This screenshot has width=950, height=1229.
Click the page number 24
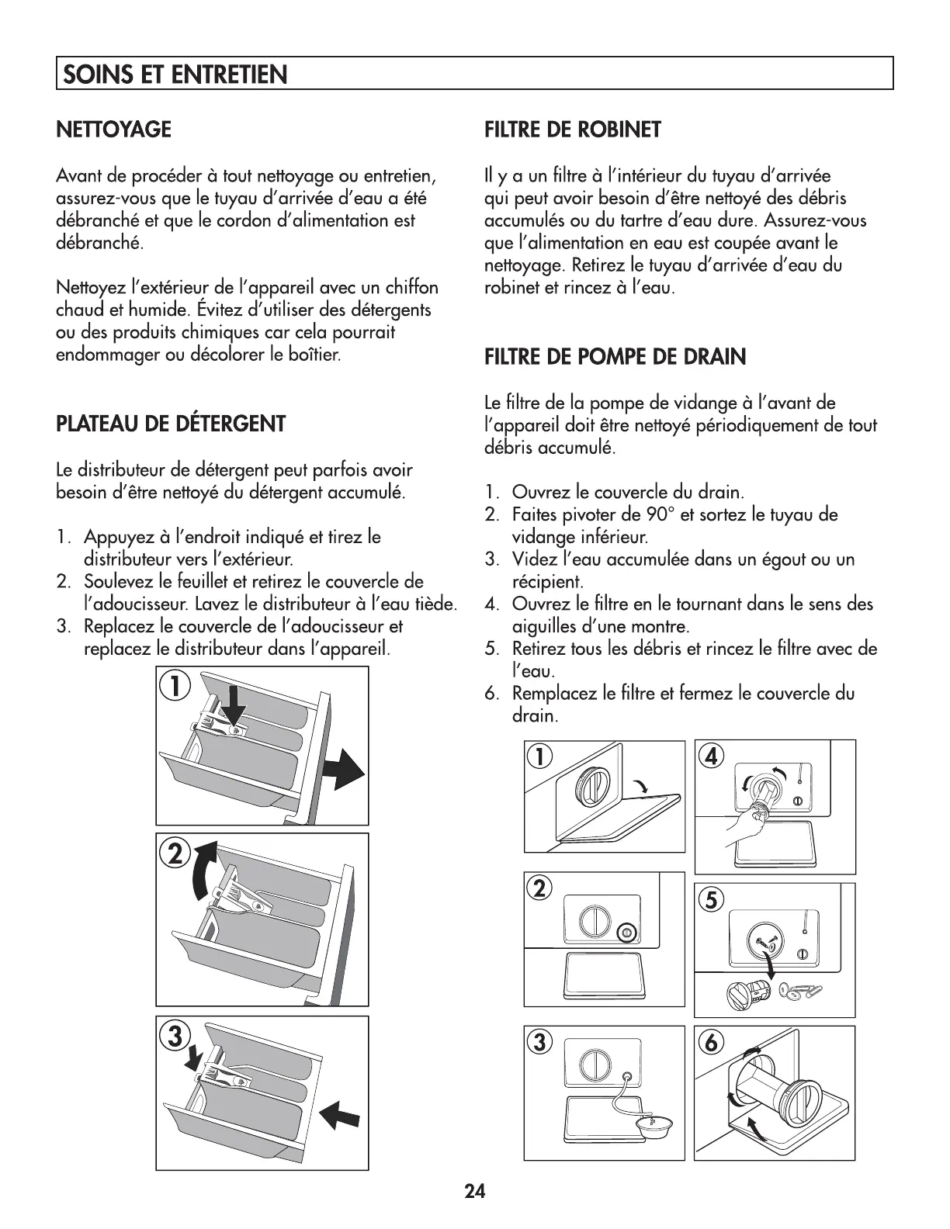475,1191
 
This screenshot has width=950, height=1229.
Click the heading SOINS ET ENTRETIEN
175,74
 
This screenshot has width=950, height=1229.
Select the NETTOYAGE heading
114,129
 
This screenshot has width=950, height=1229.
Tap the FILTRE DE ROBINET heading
573,129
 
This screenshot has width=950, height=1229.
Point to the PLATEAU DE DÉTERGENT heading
171,424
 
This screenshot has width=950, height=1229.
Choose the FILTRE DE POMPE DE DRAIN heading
615,357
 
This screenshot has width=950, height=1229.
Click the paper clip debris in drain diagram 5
810,989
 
